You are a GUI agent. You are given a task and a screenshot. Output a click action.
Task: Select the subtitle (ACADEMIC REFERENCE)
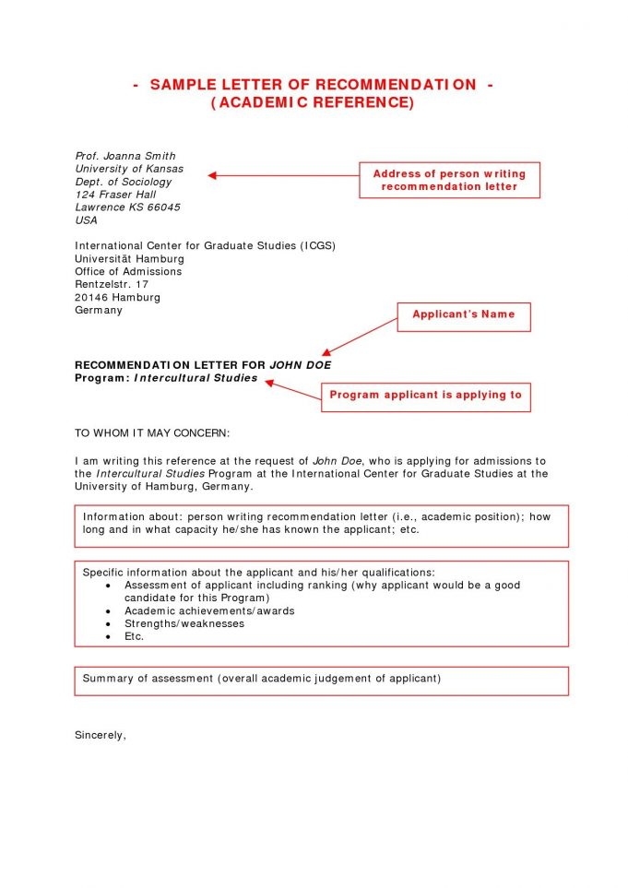(313, 102)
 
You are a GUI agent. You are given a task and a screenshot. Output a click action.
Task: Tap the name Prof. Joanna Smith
(124, 156)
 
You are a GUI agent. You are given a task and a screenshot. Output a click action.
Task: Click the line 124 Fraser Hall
(115, 195)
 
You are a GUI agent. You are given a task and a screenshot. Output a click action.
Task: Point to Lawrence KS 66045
(127, 207)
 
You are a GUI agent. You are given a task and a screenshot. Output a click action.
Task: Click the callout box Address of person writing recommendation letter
(449, 180)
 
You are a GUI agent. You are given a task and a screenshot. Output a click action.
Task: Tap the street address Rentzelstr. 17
(111, 285)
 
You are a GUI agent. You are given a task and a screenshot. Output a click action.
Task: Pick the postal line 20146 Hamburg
(117, 298)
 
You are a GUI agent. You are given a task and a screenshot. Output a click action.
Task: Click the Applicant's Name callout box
(463, 315)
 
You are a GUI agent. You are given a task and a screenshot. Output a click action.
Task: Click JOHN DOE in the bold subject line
(300, 365)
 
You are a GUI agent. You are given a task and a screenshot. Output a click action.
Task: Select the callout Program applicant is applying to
(425, 396)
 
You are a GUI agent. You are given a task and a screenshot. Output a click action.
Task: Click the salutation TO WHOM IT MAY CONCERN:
(151, 432)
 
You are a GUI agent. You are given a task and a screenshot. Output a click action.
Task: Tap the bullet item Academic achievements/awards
(209, 610)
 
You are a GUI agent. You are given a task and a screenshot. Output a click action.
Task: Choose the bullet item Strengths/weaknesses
(184, 623)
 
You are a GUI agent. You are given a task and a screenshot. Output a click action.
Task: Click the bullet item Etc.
(135, 636)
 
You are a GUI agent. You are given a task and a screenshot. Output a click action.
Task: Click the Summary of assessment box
(321, 680)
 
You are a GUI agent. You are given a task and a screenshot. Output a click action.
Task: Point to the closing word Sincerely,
(100, 735)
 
